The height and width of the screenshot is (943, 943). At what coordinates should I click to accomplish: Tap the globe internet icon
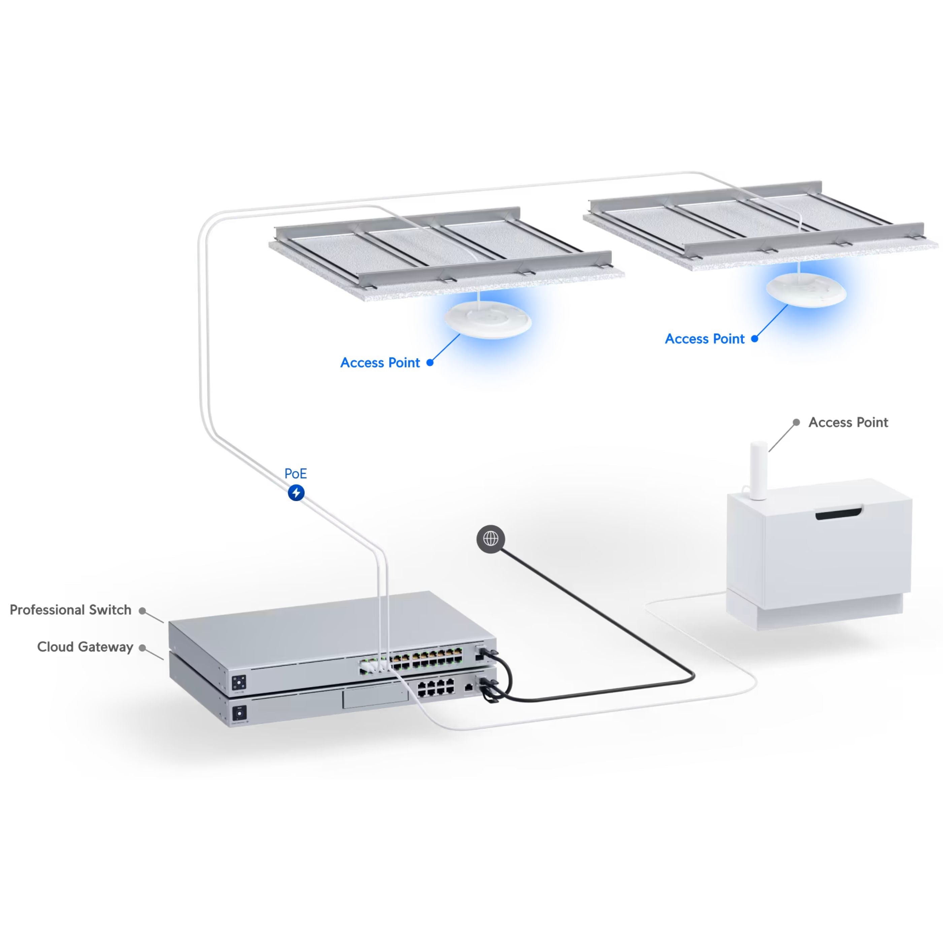[x=491, y=539]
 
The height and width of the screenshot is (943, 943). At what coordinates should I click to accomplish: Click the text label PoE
[x=296, y=474]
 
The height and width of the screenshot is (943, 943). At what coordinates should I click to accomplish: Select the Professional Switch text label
[x=71, y=610]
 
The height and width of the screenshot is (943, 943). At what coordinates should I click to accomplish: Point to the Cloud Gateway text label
[x=86, y=647]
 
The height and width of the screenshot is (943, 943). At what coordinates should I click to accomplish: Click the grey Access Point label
[x=848, y=422]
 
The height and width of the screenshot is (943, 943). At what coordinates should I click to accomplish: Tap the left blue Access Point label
[x=380, y=363]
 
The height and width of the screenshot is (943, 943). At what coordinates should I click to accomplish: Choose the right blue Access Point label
[x=705, y=339]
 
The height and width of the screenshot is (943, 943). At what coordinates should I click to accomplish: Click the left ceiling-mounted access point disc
[x=488, y=320]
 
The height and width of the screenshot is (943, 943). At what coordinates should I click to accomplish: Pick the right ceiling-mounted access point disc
[x=806, y=290]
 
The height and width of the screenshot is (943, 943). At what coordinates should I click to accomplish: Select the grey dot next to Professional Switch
[x=142, y=611]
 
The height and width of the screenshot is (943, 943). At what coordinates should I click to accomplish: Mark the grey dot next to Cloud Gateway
[x=142, y=648]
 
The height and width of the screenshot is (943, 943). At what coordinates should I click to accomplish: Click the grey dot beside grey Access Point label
[x=796, y=422]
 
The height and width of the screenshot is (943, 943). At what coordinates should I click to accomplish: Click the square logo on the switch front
[x=239, y=682]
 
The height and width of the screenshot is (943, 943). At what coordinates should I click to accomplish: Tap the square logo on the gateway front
[x=239, y=714]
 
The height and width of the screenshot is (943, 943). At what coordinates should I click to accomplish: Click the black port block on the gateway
[x=436, y=687]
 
